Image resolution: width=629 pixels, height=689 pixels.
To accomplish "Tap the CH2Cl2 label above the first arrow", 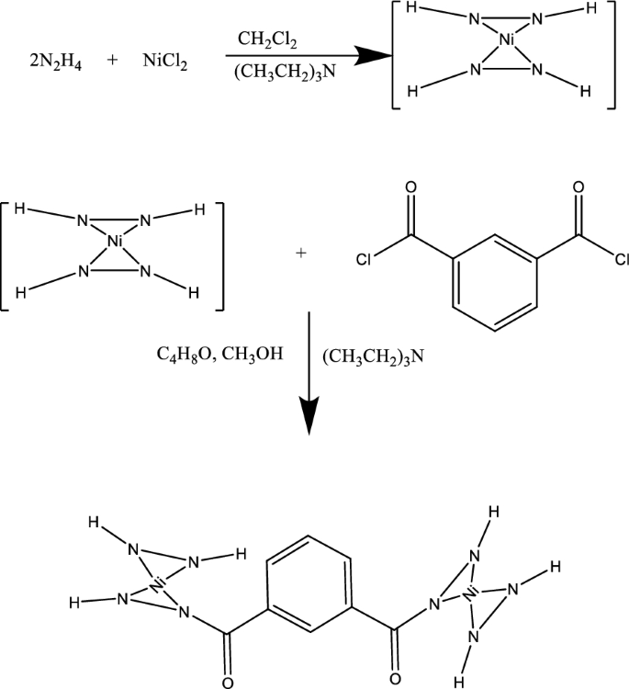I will pos(267,39).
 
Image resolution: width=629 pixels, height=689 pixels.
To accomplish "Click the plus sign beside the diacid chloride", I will pos(301,251).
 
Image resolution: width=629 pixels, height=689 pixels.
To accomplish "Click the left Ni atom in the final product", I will pos(158,582).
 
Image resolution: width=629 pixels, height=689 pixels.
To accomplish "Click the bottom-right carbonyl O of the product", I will pos(394,681).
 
